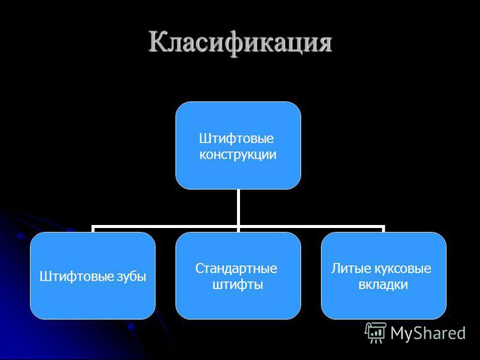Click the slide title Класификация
coord(241,42)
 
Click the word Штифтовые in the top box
coord(236,139)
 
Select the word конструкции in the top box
coord(238,155)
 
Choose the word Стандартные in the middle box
coord(236,269)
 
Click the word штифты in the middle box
coord(238,284)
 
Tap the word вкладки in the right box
coord(383,284)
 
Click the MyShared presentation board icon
coord(376,333)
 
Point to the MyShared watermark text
coord(428,333)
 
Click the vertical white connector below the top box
coord(238,208)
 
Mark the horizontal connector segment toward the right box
coord(311,227)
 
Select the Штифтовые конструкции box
coord(238,145)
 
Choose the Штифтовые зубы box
coord(93,275)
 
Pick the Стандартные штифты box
coord(238,275)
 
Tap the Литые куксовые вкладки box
coord(383,275)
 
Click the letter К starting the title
coord(160,41)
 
